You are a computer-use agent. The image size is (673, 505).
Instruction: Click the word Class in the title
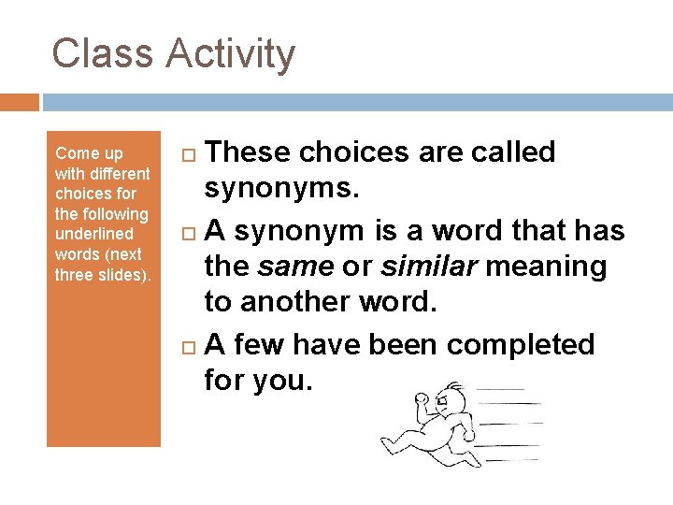[x=102, y=53]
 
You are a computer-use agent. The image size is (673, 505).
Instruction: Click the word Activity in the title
[x=231, y=55]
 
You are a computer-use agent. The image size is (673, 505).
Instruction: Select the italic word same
[x=295, y=267]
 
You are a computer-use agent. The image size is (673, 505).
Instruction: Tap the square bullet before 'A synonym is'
[x=187, y=231]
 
